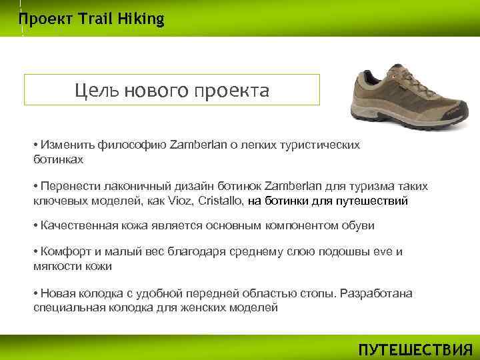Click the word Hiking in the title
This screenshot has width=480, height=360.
coord(141,19)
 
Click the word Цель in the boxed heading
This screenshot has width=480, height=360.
coord(95,90)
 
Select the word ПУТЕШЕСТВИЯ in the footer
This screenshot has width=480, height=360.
coord(415,350)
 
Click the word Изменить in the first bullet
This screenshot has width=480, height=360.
coord(67,145)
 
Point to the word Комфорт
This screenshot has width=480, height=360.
coord(64,252)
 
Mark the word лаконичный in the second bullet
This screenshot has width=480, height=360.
coord(124,186)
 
